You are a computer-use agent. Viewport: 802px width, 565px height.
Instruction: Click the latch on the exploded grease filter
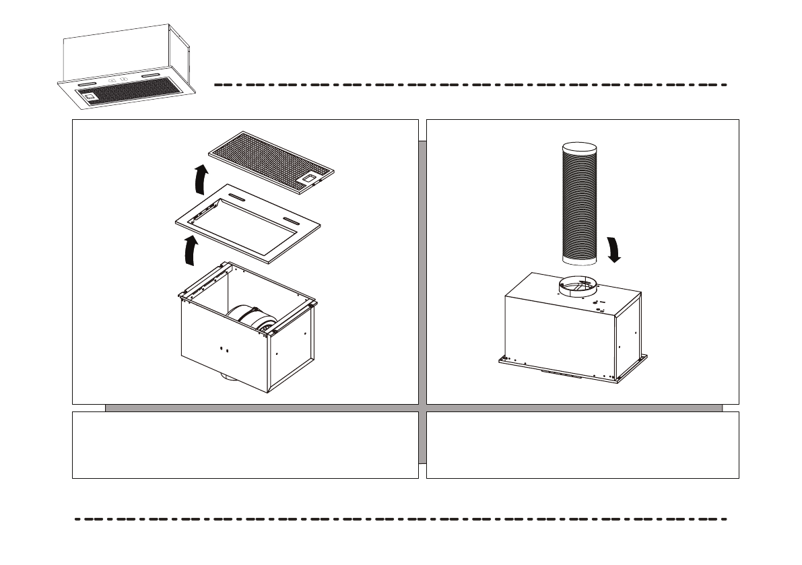[x=311, y=179]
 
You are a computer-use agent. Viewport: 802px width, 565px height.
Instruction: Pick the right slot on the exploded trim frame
[x=292, y=221]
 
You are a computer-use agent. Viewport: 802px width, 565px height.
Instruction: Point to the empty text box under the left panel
[x=245, y=445]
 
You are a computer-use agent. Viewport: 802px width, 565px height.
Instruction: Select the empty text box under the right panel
[x=582, y=445]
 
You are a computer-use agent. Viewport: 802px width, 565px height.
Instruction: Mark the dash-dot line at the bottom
[x=401, y=520]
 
